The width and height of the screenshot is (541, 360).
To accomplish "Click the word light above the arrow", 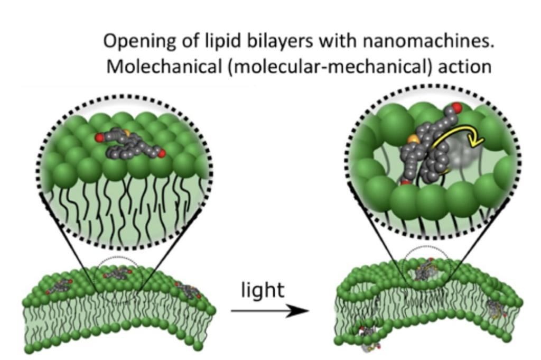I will point(263,290).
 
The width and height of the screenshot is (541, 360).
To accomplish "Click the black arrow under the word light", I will point(269,311).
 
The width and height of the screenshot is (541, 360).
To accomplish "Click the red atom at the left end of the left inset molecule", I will point(100,137).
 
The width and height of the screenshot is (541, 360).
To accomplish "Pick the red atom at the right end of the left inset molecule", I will point(162,153).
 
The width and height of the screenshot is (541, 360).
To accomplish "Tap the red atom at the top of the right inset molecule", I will point(457,108).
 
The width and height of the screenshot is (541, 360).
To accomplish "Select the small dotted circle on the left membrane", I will point(117,273).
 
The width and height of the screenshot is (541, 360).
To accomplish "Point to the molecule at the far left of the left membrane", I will point(61,286).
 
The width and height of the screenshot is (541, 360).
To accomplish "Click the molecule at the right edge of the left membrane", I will point(189,290).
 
